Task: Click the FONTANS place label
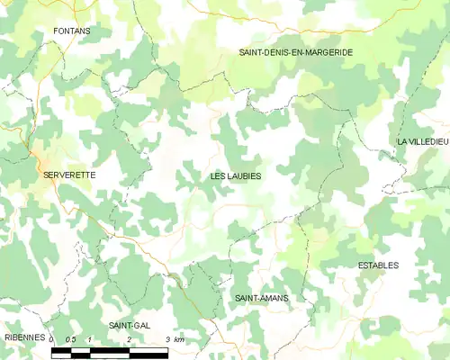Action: point(72,31)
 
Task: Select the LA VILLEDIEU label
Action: point(423,142)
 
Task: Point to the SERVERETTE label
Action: point(69,175)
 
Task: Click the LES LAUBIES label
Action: point(236,176)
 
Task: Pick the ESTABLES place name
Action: point(378,265)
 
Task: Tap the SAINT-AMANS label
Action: point(260,297)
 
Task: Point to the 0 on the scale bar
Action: point(52,339)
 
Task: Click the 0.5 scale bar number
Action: point(70,339)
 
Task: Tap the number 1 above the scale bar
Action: point(90,339)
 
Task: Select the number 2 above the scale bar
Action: point(130,339)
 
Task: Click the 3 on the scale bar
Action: point(168,339)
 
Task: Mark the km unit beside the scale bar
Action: point(179,339)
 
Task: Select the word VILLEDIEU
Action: point(429,142)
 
